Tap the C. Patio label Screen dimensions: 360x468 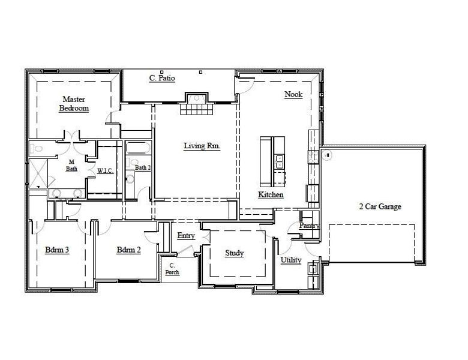(162, 78)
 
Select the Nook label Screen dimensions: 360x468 (293, 94)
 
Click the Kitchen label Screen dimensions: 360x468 (271, 195)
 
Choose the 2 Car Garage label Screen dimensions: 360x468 (380, 206)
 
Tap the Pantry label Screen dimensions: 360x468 (309, 226)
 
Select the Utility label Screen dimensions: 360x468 (291, 260)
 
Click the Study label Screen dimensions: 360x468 (234, 253)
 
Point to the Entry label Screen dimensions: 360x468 (186, 236)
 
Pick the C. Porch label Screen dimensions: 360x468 (172, 269)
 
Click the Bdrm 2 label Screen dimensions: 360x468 (128, 250)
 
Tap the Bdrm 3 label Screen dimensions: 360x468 (57, 250)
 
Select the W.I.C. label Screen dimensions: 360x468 (106, 170)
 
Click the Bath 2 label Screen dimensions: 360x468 (142, 168)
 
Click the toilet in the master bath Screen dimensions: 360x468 (38, 148)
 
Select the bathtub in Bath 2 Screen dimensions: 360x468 (138, 148)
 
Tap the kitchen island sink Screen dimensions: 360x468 (279, 161)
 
